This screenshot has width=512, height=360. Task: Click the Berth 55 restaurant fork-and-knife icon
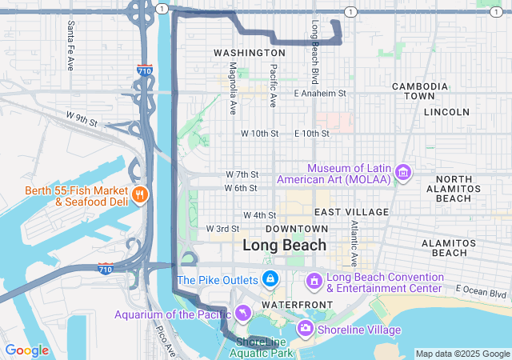[x=140, y=195]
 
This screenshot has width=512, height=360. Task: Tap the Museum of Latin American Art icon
[x=403, y=173]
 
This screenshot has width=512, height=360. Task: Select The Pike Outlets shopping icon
[x=270, y=279]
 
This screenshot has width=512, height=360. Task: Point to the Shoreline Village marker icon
[x=305, y=328]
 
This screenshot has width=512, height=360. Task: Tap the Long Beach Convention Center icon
[x=314, y=281]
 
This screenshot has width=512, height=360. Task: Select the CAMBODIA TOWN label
[x=419, y=90]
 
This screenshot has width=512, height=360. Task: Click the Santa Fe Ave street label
[x=71, y=34]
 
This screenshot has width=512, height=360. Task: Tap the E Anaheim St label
[x=319, y=94]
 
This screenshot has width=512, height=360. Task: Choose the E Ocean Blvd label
[x=482, y=289]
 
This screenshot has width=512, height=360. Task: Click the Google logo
[x=26, y=350]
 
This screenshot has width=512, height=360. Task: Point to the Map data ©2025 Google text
[x=462, y=354]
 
